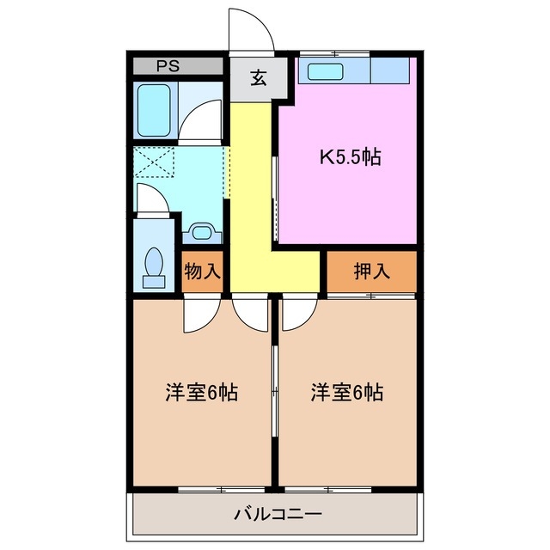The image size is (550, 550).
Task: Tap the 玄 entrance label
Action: (x=256, y=79)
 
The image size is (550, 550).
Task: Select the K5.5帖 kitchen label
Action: (x=351, y=157)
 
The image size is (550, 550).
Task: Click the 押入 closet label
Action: (x=371, y=272)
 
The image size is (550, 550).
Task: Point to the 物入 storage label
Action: (x=203, y=272)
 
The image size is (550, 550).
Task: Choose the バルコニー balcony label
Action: (x=277, y=516)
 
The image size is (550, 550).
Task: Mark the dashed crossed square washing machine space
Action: (x=155, y=162)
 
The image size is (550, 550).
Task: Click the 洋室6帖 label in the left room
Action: (x=202, y=393)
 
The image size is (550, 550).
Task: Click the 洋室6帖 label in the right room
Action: (x=347, y=393)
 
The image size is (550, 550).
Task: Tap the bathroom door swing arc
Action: (x=203, y=120)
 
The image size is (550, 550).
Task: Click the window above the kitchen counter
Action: (x=334, y=54)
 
